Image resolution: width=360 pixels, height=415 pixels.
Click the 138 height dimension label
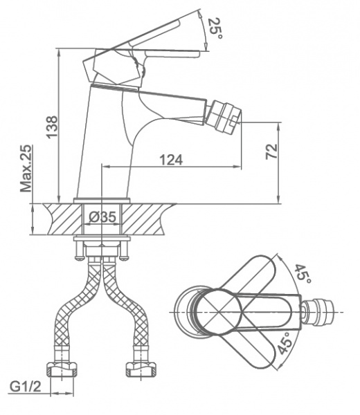point(52,127)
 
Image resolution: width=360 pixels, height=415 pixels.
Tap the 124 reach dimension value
point(171,160)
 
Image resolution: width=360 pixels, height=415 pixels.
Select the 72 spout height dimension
point(272,151)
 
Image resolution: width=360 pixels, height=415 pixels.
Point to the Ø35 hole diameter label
point(102,217)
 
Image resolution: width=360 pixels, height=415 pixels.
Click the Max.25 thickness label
point(26,168)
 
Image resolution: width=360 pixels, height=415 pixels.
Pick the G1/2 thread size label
point(26,387)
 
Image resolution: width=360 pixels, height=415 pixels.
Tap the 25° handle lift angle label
point(214,28)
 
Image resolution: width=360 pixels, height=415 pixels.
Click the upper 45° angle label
point(303,274)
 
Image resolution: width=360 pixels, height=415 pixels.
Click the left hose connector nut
point(62,369)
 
